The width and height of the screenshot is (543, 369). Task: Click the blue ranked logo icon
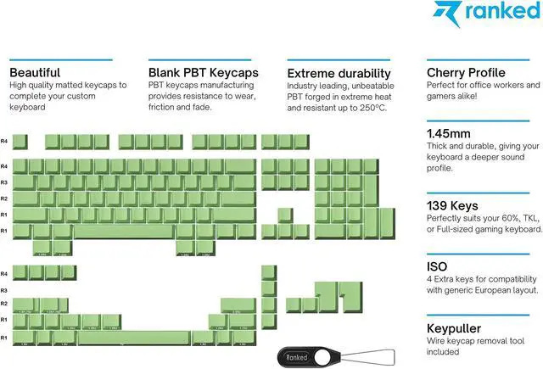coord(447,14)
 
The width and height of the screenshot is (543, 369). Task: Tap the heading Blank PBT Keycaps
coord(203,73)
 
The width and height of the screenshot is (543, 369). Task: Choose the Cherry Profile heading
coord(466,73)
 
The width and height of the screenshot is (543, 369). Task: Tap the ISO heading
coord(437,266)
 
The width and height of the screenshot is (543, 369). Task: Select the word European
coord(496,290)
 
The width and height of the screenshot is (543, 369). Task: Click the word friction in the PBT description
coord(163,110)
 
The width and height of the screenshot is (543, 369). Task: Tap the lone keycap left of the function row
coord(20,142)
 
